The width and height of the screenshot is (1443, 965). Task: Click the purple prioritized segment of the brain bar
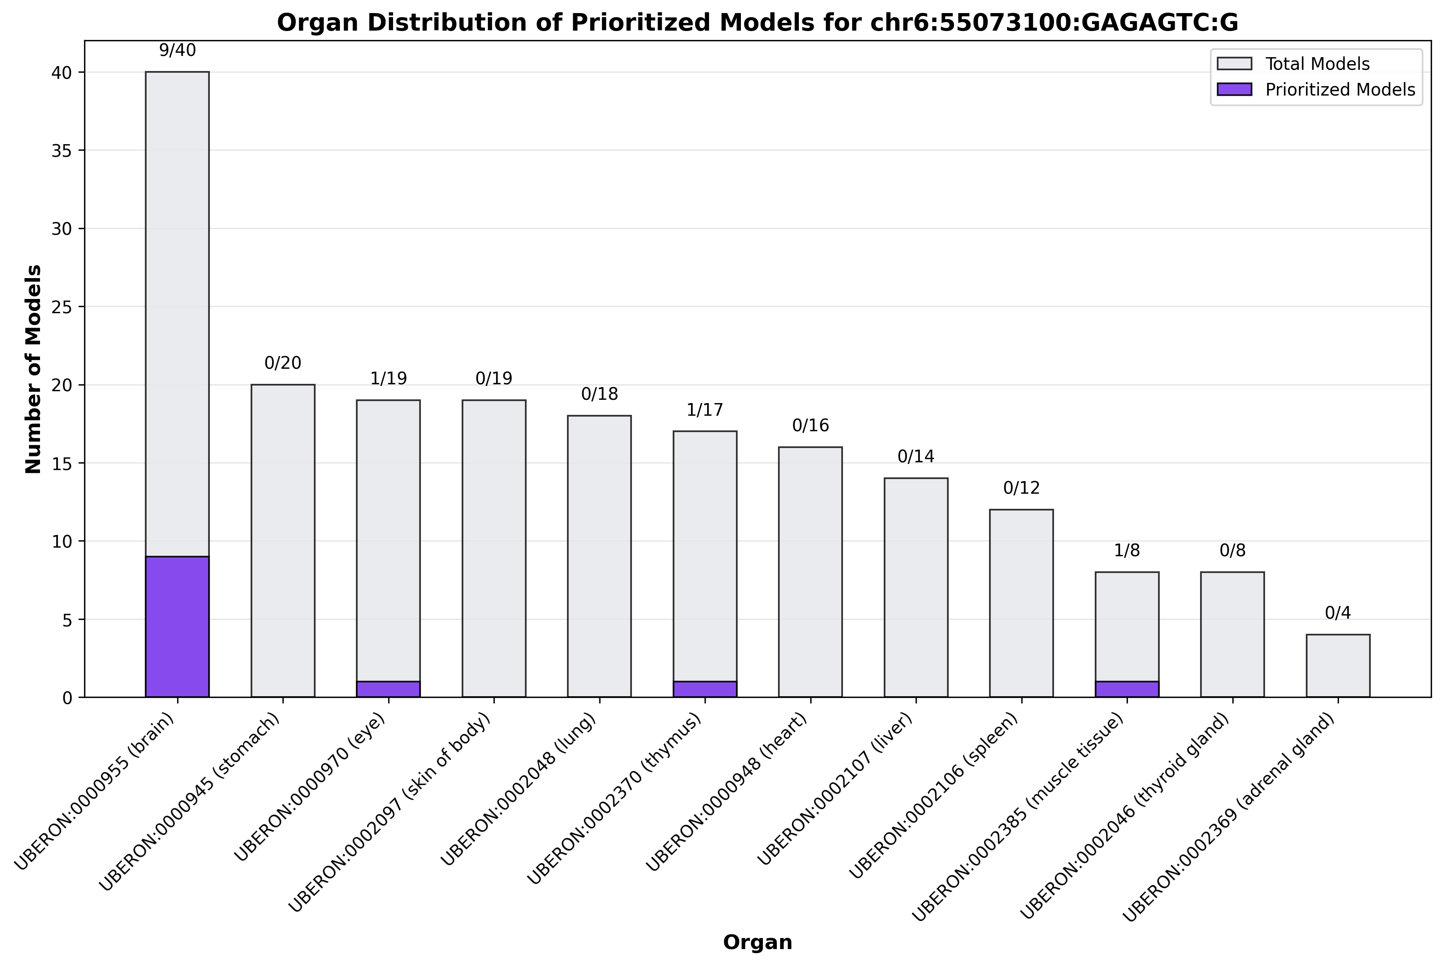[177, 626]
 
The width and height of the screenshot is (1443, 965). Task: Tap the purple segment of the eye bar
[388, 689]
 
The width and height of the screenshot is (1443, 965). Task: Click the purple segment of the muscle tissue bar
[1127, 689]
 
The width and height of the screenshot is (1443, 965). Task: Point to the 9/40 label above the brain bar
[177, 51]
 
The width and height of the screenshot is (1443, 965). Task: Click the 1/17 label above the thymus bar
[705, 410]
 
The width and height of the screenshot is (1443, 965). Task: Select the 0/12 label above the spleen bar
[1021, 488]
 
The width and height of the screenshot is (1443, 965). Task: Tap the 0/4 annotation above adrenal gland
[1338, 613]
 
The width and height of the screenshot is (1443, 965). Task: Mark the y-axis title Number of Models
[34, 369]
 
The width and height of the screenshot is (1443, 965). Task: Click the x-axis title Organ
[757, 942]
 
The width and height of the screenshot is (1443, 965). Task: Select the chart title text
[757, 23]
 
